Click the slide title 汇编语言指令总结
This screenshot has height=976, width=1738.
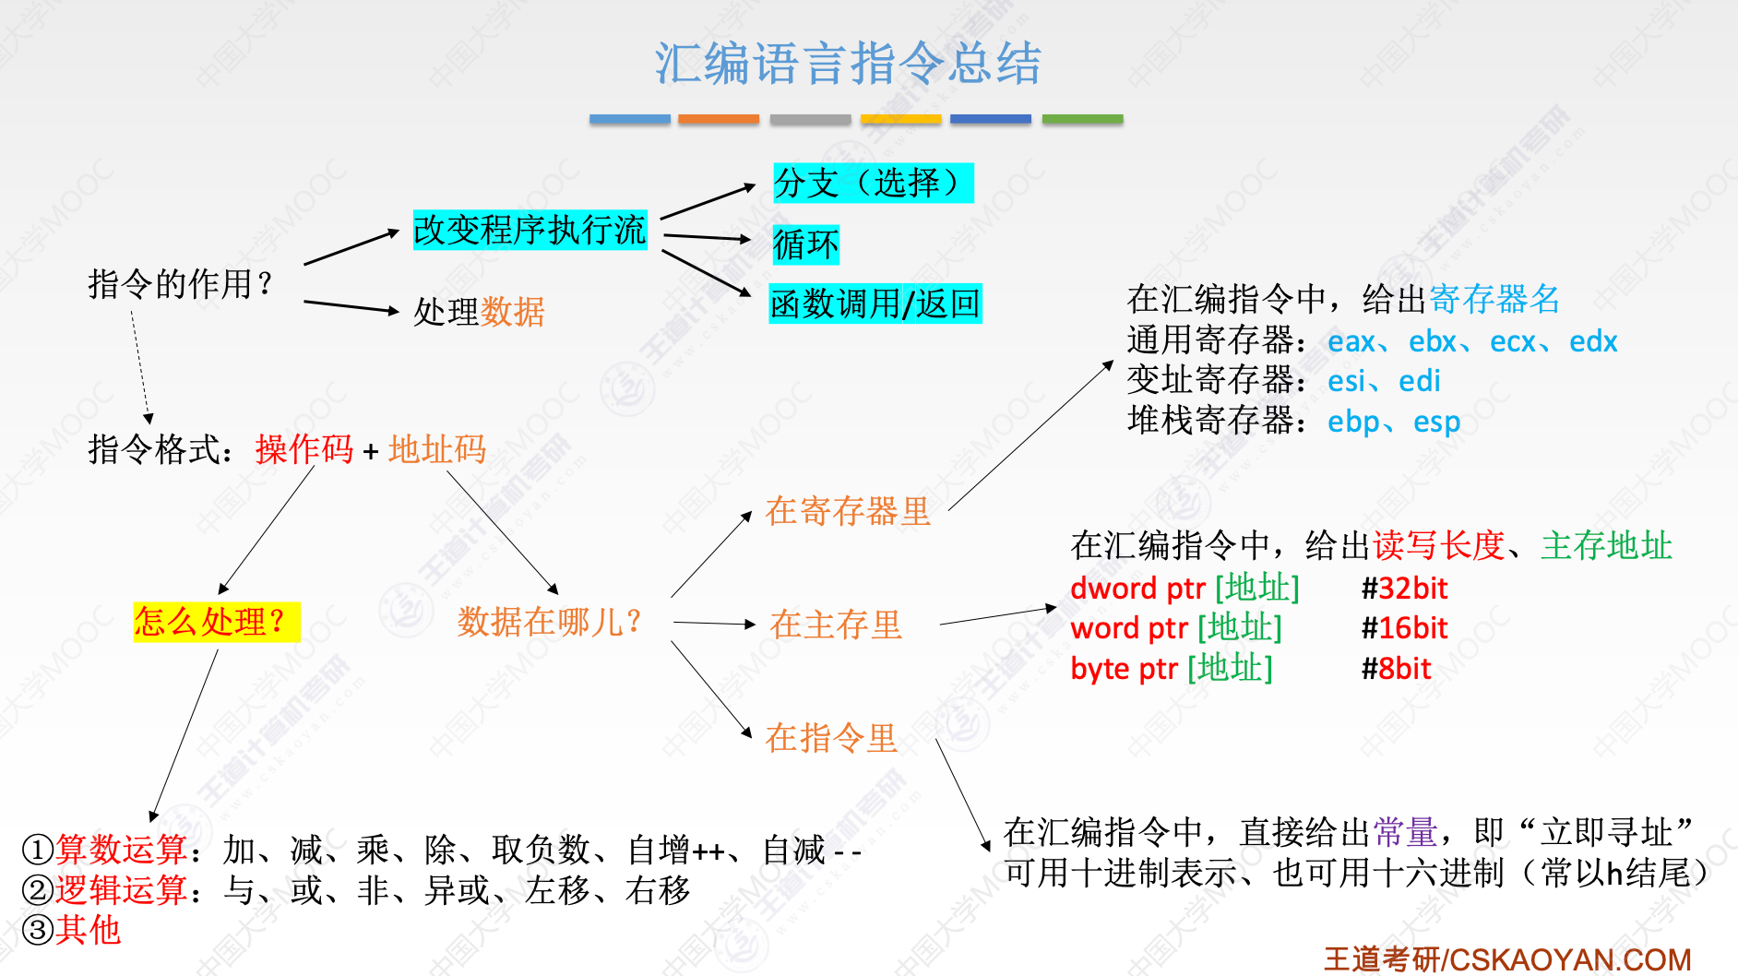click(848, 64)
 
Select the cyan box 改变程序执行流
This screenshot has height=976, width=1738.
click(530, 230)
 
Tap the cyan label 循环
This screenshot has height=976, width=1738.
click(805, 244)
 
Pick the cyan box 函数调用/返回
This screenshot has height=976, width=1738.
click(875, 304)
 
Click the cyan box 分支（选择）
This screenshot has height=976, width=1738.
click(873, 183)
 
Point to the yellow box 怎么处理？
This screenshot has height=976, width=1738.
click(216, 621)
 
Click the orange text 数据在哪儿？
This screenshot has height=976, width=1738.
click(550, 622)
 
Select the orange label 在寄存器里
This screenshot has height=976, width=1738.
click(848, 511)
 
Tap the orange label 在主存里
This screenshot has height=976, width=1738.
click(836, 625)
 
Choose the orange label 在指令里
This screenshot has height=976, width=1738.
click(831, 738)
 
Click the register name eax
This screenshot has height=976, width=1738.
click(1351, 341)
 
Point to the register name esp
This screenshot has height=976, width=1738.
click(1436, 422)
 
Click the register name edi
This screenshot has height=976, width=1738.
click(1419, 381)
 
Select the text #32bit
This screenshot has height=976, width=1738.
click(1404, 589)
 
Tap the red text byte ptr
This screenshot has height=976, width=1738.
click(1124, 668)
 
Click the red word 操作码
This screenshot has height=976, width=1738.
click(304, 449)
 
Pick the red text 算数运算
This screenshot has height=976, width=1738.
click(122, 849)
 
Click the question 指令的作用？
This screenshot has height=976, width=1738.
click(181, 284)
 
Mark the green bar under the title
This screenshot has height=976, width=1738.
click(1082, 119)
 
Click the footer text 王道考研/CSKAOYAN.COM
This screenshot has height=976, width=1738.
click(1507, 959)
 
